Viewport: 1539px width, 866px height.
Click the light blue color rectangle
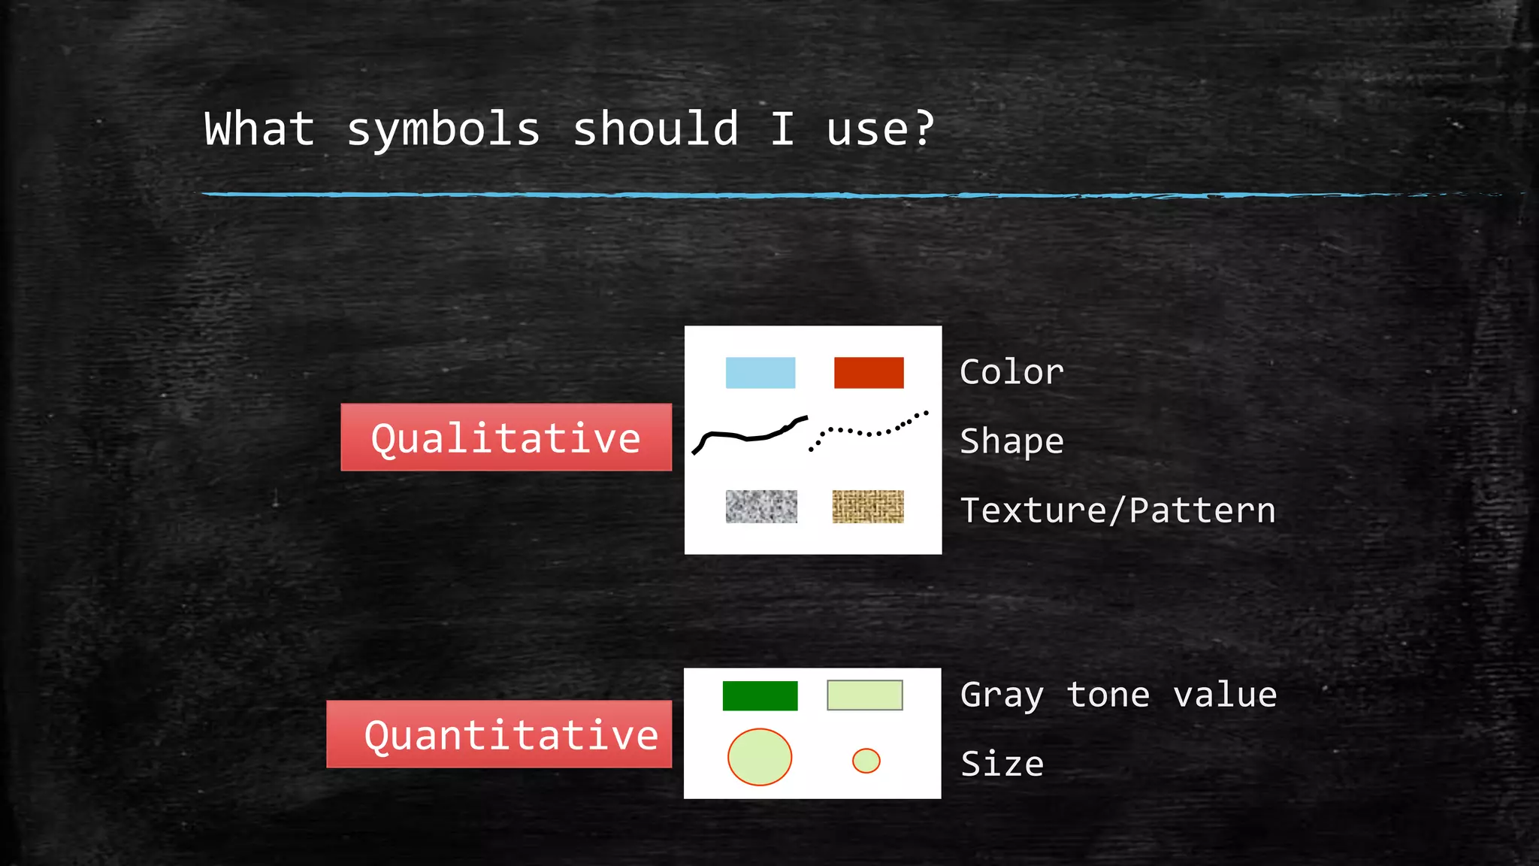click(760, 373)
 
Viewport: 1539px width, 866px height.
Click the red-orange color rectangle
click(869, 373)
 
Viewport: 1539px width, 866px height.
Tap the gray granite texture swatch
click(761, 507)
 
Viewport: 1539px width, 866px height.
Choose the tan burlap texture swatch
click(868, 507)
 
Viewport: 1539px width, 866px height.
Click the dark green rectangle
click(760, 696)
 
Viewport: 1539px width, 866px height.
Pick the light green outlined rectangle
click(864, 695)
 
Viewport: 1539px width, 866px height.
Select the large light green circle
click(760, 757)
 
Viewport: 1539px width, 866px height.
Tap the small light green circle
click(866, 761)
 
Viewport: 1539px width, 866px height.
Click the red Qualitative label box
click(506, 438)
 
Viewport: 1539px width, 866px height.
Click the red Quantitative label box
click(499, 734)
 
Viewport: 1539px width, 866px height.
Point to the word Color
click(1011, 372)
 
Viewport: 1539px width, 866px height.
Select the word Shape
click(1011, 441)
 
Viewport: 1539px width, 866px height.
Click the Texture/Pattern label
click(1117, 510)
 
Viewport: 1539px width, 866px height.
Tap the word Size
click(1002, 765)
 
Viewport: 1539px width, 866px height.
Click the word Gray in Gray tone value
click(1002, 695)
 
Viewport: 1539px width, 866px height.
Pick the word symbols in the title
click(443, 129)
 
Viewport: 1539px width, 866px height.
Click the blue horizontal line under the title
click(827, 195)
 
